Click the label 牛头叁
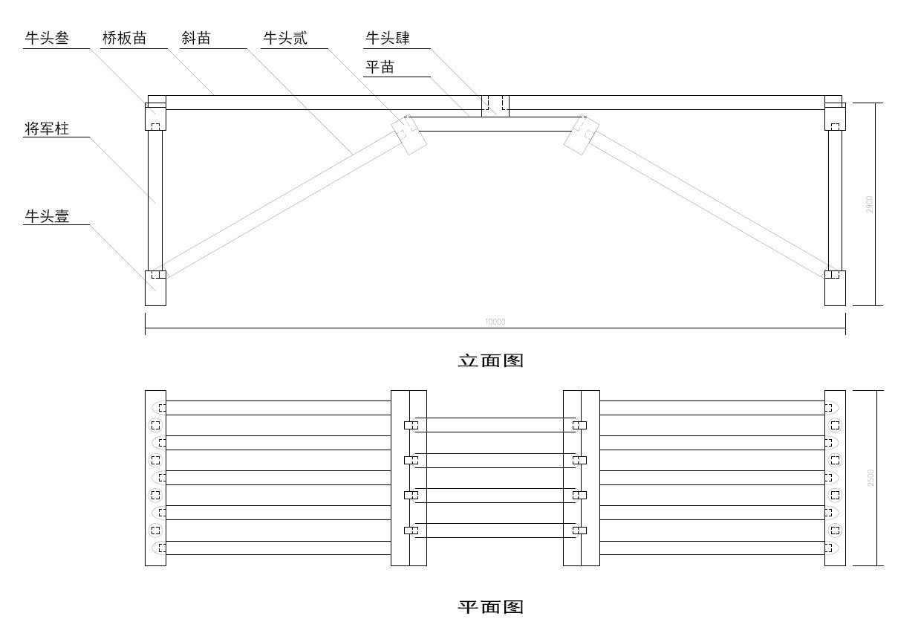click(47, 39)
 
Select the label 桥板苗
click(124, 39)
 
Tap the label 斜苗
click(196, 39)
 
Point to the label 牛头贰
click(284, 39)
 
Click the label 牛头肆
click(387, 39)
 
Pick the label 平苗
click(380, 68)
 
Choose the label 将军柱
click(47, 129)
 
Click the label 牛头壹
click(47, 216)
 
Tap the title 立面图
click(490, 361)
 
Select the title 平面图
click(490, 607)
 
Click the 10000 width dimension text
click(495, 322)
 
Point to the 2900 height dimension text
click(870, 204)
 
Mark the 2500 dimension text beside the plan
click(870, 478)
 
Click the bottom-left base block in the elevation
click(155, 290)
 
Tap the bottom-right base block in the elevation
click(835, 290)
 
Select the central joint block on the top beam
click(495, 106)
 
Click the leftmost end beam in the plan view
click(155, 478)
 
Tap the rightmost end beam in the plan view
click(835, 478)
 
